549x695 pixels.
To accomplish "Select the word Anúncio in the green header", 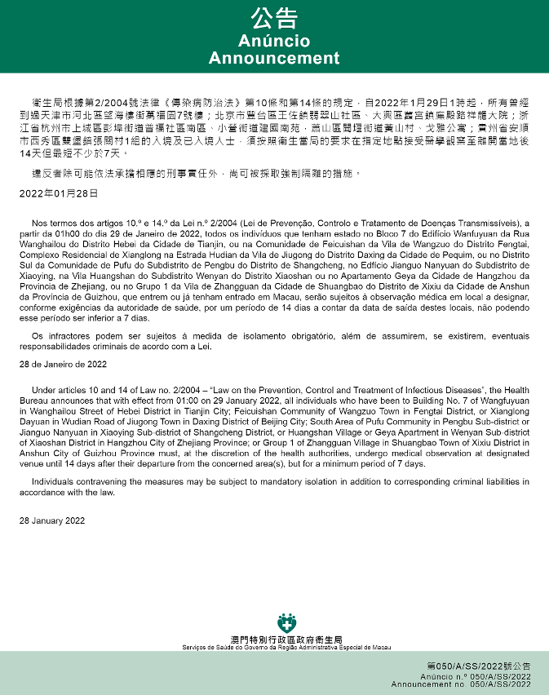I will coord(274,41).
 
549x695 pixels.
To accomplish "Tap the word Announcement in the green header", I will coord(274,58).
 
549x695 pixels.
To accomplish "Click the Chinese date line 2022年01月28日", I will coord(59,194).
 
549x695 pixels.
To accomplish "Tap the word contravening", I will coord(91,482).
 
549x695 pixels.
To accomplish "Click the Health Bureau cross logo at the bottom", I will coord(286,624).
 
